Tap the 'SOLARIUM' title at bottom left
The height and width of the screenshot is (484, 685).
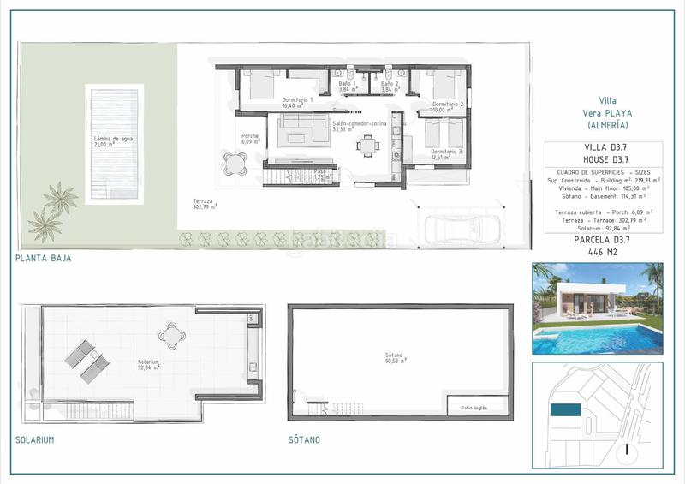35,439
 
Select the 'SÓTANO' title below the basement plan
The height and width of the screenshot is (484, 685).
306,439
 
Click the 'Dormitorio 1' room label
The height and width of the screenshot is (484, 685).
299,100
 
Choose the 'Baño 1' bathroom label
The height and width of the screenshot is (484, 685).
348,85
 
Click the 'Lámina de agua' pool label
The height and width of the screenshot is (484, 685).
116,140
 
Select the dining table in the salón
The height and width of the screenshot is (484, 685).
368,146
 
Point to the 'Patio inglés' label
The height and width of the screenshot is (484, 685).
474,408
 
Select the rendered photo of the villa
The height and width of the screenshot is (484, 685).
597,308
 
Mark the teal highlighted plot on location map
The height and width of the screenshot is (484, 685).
565,411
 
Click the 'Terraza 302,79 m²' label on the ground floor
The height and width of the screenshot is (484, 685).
205,204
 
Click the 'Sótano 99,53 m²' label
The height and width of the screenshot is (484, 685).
395,358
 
